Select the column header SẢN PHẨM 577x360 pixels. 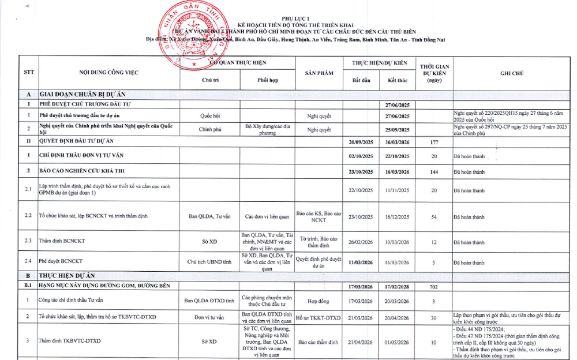[x=319, y=73]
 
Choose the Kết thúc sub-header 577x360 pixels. [x=397, y=80]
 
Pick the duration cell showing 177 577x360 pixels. [x=434, y=142]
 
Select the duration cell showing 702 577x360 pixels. [x=434, y=287]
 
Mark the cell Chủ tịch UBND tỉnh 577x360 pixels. [x=209, y=261]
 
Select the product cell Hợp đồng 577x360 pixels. [x=319, y=301]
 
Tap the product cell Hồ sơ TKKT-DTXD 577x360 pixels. [x=319, y=318]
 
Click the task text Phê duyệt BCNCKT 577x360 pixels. [x=61, y=261]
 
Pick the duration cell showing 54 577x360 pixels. [x=434, y=217]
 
